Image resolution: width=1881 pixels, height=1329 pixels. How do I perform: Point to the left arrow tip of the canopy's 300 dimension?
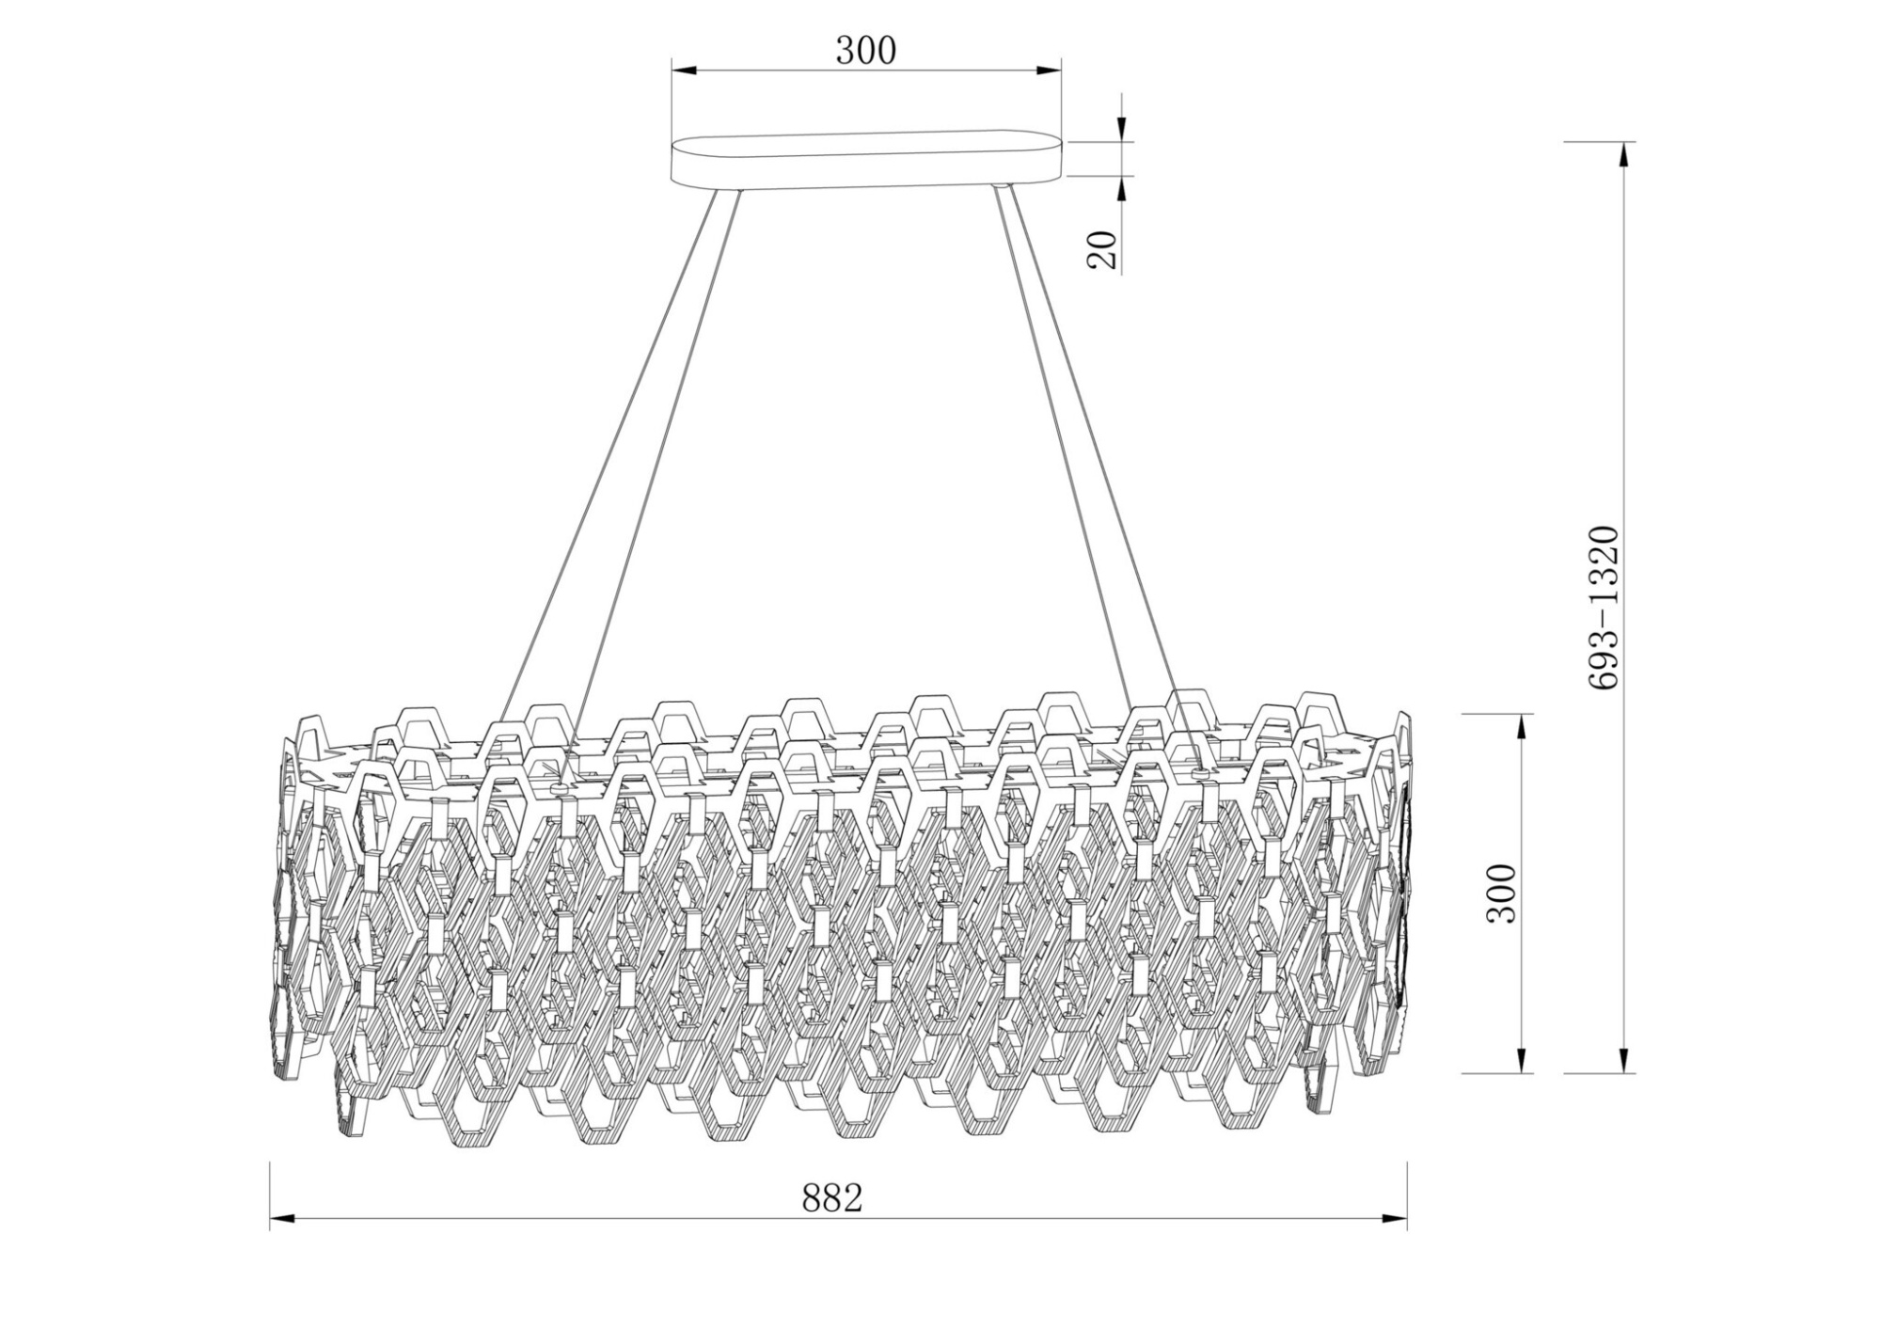pos(672,71)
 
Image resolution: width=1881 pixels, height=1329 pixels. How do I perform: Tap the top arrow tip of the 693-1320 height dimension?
pos(1623,142)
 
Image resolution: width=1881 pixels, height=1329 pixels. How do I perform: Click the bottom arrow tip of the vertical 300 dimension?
pos(1520,1072)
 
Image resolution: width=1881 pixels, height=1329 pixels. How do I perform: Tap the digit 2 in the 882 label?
pos(852,1198)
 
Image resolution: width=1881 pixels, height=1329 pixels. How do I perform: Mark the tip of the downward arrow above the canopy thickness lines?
pos(1122,142)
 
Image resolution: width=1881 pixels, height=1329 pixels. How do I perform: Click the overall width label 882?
pos(832,1198)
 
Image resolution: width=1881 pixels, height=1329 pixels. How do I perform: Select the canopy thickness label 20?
pos(1102,250)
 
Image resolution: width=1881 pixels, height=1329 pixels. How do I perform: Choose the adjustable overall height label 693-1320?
pos(1603,608)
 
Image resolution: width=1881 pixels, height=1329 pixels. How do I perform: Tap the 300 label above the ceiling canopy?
pos(866,51)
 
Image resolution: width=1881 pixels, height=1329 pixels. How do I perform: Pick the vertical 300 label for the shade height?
pos(1501,894)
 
